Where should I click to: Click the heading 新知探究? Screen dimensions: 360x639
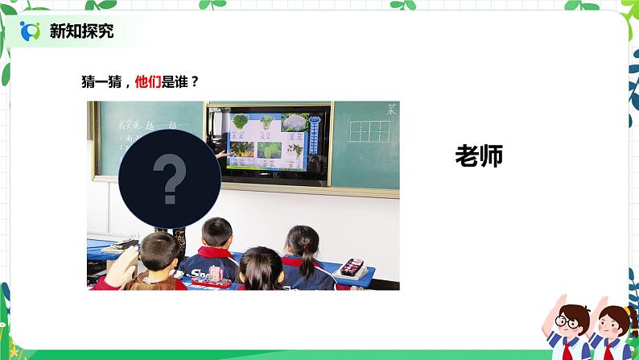point(81,31)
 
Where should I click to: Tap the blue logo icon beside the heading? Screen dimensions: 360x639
point(31,31)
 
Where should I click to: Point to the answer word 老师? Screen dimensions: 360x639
point(479,156)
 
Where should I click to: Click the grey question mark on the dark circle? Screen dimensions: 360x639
point(169,180)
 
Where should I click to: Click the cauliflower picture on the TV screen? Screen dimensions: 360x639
point(295,123)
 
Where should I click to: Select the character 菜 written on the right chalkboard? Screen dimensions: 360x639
point(390,110)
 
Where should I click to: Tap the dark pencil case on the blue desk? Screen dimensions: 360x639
point(352,267)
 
